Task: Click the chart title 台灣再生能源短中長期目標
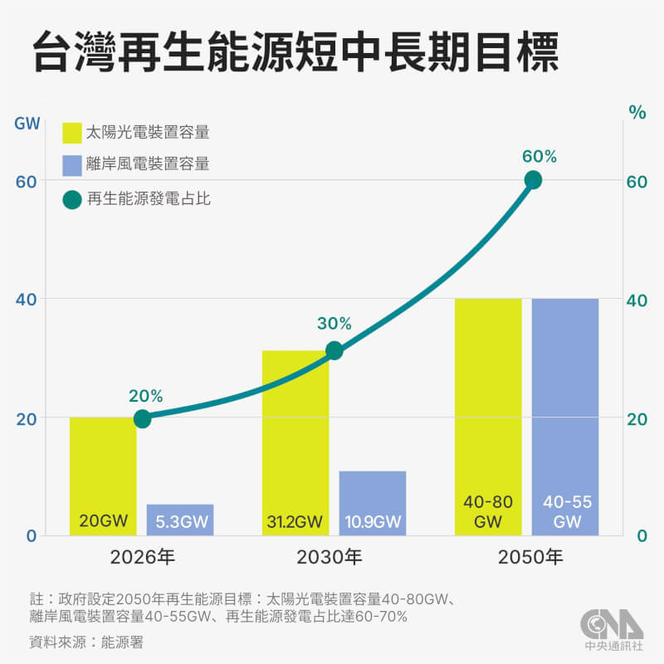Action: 295,53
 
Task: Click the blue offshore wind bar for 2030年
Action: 373,503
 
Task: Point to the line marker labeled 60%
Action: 533,180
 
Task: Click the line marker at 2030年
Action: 334,351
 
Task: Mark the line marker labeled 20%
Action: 142,418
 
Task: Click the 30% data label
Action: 334,324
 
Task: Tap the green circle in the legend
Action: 72,199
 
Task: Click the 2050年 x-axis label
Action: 532,557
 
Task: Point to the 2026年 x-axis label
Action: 142,557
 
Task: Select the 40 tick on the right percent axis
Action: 635,300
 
